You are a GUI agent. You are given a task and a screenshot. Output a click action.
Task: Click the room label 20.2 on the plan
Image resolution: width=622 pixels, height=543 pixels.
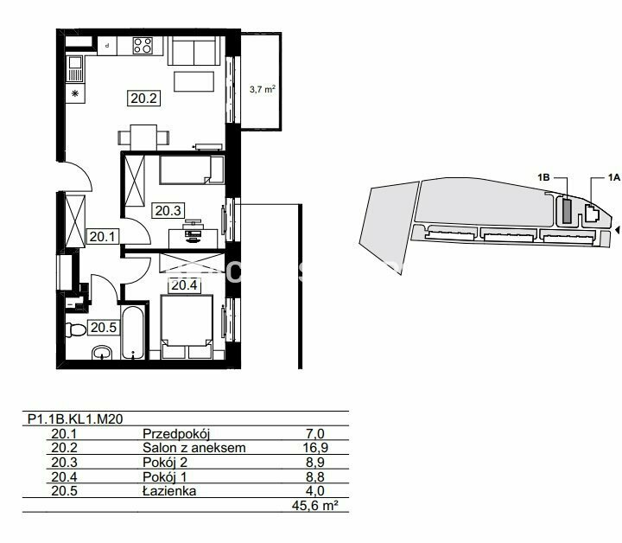point(143,98)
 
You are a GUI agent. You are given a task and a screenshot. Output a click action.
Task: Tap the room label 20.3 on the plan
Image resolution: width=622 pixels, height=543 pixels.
point(168,210)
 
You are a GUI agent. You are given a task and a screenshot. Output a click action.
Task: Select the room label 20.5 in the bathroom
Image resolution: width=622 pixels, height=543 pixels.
point(103,328)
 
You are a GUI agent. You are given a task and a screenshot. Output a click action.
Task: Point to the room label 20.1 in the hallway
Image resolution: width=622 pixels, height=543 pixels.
point(102,237)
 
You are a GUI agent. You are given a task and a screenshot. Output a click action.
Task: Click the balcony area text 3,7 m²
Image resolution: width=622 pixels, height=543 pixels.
point(263,89)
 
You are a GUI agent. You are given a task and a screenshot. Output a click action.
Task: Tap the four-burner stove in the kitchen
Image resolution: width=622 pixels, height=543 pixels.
point(143,45)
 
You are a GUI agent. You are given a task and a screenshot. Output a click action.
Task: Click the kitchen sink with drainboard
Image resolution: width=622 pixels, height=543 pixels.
point(75,68)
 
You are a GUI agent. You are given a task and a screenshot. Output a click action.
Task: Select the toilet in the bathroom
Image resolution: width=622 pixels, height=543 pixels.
point(76,329)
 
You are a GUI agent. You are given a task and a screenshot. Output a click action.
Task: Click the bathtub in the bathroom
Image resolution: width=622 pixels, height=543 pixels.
point(133,333)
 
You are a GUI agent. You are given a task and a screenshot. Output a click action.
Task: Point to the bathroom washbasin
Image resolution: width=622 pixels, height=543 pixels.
point(102,352)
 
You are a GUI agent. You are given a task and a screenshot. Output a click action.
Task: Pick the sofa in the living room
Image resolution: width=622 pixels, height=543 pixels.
point(194,51)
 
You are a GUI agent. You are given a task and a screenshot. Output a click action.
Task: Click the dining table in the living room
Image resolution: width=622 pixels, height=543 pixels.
point(143,137)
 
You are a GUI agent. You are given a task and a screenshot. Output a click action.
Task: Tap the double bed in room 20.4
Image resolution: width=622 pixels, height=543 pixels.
point(187,326)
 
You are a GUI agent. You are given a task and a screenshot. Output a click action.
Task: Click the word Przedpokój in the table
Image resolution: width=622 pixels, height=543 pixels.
point(176,433)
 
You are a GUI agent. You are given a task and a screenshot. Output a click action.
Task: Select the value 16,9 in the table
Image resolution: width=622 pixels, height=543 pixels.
point(315,448)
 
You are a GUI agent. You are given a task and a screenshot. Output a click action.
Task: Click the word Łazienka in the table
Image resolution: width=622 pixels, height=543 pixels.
point(169,491)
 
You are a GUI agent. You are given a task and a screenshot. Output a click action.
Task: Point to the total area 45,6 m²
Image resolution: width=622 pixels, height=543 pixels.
point(315,506)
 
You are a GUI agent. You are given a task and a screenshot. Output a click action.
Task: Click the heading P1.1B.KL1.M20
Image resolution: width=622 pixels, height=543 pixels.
point(75,419)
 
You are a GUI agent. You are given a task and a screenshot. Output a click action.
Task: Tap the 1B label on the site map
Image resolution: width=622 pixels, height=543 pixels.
point(544,177)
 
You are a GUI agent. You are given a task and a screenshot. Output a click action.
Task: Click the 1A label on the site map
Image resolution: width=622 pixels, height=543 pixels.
point(613,177)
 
